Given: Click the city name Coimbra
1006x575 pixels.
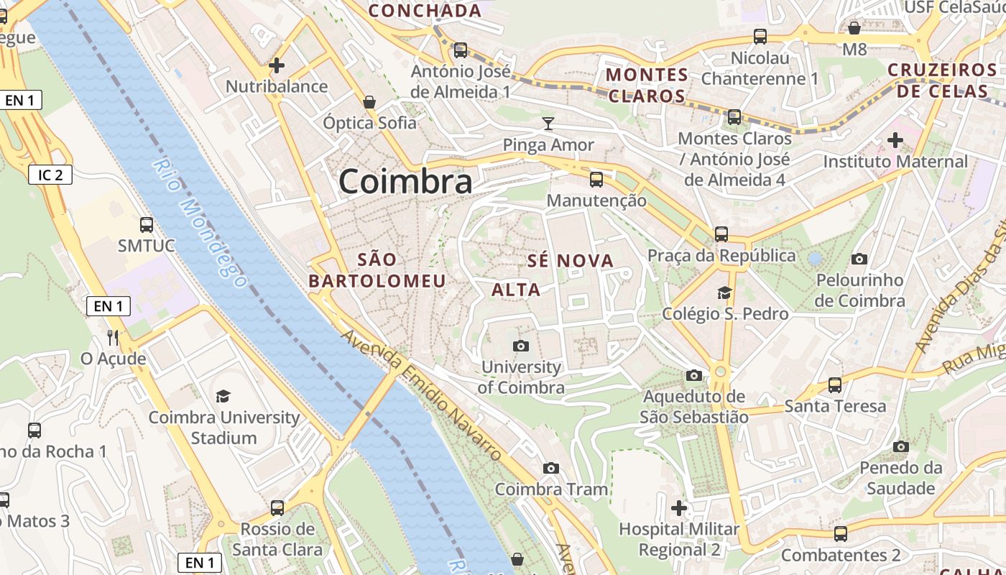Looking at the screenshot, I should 405,181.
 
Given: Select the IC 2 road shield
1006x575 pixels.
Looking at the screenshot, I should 50,174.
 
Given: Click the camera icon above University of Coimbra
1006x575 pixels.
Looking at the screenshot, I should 522,346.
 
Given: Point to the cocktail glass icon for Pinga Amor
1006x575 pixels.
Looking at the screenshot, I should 548,123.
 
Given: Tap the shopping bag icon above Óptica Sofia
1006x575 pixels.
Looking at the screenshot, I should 369,102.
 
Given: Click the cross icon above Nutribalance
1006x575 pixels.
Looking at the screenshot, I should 277,66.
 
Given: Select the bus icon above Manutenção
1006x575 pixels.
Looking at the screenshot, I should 596,180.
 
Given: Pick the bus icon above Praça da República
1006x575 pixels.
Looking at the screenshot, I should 721,234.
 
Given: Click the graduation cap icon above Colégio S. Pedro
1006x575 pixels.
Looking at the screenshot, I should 724,293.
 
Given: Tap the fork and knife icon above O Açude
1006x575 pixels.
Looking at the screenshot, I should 113,337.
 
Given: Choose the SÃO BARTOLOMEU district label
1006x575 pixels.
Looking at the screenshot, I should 377,270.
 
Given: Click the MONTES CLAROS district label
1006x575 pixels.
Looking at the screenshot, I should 647,85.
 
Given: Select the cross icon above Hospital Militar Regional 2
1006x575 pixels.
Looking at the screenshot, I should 679,508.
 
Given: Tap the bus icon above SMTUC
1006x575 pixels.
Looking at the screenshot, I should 147,225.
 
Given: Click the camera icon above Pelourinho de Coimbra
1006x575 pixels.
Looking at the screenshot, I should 859,259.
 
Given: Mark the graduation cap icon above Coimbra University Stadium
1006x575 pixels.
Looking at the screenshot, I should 223,396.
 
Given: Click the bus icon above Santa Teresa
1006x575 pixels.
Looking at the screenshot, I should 835,385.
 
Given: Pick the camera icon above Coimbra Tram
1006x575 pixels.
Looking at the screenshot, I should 551,469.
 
